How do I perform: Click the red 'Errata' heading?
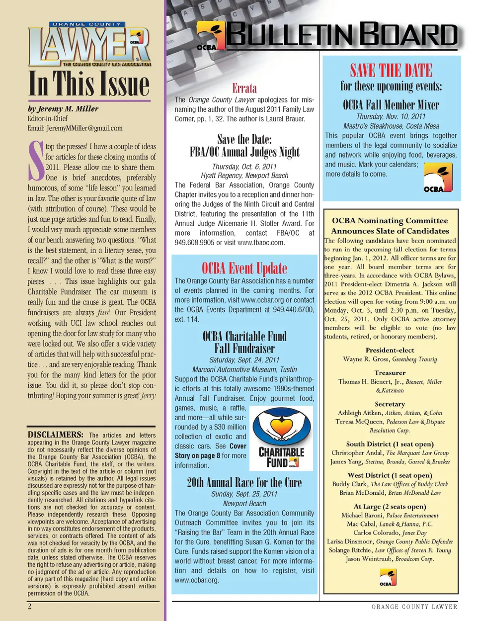(x=244, y=89)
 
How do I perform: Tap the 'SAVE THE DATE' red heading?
(x=391, y=70)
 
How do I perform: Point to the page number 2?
(x=30, y=606)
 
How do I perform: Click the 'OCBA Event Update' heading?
(x=244, y=268)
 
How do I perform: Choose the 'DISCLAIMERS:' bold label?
(x=55, y=435)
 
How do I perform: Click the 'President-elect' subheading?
(x=390, y=350)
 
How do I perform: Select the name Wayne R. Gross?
(x=366, y=359)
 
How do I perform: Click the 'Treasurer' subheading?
(x=390, y=372)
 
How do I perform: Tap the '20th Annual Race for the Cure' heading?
(x=244, y=482)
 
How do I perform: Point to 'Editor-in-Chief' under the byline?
(x=48, y=118)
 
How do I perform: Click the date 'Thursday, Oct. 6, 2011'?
(x=244, y=167)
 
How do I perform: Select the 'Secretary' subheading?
(x=390, y=404)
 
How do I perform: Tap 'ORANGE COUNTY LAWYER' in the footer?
(x=414, y=607)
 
